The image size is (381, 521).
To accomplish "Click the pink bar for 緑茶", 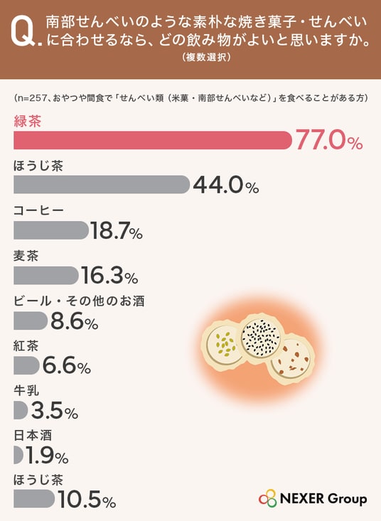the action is [152, 140].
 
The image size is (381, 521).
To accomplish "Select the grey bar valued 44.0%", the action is [102, 184].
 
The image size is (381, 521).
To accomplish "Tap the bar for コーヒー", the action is [51, 230].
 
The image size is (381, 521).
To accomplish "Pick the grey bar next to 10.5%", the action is [34, 499].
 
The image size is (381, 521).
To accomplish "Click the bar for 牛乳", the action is [21, 410].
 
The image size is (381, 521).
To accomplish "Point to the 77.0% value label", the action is [329, 140].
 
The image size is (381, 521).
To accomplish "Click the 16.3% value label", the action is [109, 276].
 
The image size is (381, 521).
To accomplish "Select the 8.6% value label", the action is [74, 321].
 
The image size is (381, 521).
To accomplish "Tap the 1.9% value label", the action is [47, 455].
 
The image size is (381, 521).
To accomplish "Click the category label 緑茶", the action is [28, 122].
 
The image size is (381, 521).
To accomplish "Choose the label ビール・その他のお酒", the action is [79, 301].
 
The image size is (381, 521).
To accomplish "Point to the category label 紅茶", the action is [26, 346].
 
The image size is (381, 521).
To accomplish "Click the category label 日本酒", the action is [33, 435].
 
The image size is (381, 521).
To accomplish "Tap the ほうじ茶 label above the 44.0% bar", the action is [38, 166].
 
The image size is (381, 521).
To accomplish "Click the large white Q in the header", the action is [22, 32].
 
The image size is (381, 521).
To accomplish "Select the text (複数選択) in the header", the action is [206, 57].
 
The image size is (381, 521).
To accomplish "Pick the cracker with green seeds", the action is [222, 345].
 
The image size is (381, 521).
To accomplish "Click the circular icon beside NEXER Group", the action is [268, 499].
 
